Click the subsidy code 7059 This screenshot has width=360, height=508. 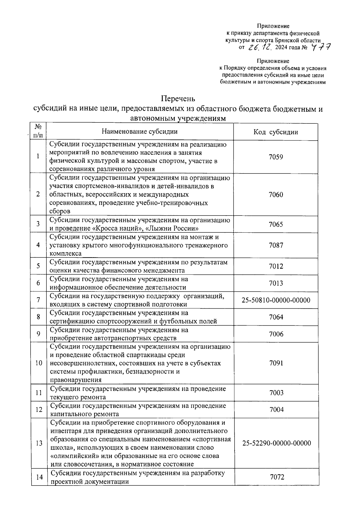[276, 157]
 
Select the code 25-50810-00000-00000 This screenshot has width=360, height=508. [276, 300]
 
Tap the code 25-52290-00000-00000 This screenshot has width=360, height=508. [277, 443]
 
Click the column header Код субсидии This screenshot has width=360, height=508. [276, 132]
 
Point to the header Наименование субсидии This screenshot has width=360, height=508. [139, 132]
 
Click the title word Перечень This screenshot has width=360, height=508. [178, 98]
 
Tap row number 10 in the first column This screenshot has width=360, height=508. [39, 363]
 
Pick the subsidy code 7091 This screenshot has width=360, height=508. [276, 363]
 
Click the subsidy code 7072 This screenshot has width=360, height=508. [277, 477]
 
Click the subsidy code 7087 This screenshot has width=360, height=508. [276, 245]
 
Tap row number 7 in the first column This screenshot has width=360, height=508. [38, 300]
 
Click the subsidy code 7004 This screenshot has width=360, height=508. [277, 410]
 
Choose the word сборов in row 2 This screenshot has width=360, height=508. [60, 211]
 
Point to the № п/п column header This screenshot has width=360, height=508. [38, 131]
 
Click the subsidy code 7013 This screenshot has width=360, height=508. [276, 283]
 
